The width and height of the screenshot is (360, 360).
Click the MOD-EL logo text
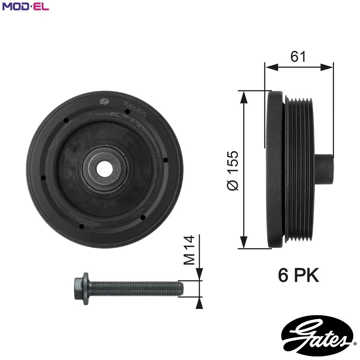(25, 6)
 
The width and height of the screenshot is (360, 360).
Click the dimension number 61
(298, 56)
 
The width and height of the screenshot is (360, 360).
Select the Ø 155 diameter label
(233, 171)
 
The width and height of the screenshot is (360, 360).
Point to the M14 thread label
(190, 250)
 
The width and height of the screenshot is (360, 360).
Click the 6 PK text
(298, 276)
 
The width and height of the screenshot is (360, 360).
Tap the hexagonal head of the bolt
(81, 288)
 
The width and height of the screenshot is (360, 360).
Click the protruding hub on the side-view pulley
(324, 170)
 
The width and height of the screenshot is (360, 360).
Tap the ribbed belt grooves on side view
(300, 169)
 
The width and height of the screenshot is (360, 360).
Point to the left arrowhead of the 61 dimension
(271, 67)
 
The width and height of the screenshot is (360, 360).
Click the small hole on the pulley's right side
(165, 160)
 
